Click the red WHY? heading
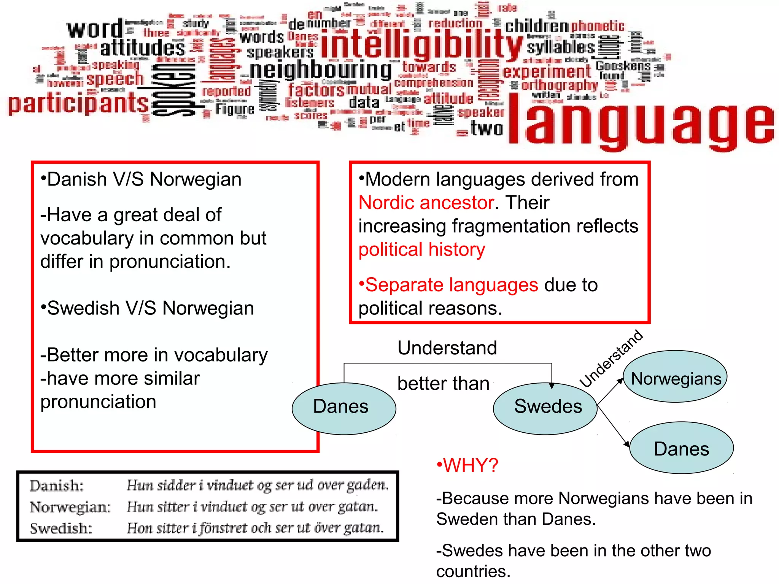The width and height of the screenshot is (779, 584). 468,465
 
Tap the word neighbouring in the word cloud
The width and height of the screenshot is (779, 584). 320,70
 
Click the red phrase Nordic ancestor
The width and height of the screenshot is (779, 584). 426,203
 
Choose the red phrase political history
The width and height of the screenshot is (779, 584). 422,250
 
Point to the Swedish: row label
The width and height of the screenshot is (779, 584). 61,528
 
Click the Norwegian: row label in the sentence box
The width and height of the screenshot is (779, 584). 70,507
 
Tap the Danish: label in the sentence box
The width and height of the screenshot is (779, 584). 56,486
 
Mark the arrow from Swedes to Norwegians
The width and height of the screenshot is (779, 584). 610,392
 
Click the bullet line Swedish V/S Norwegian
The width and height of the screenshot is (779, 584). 148,308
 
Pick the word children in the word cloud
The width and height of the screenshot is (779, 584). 536,26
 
